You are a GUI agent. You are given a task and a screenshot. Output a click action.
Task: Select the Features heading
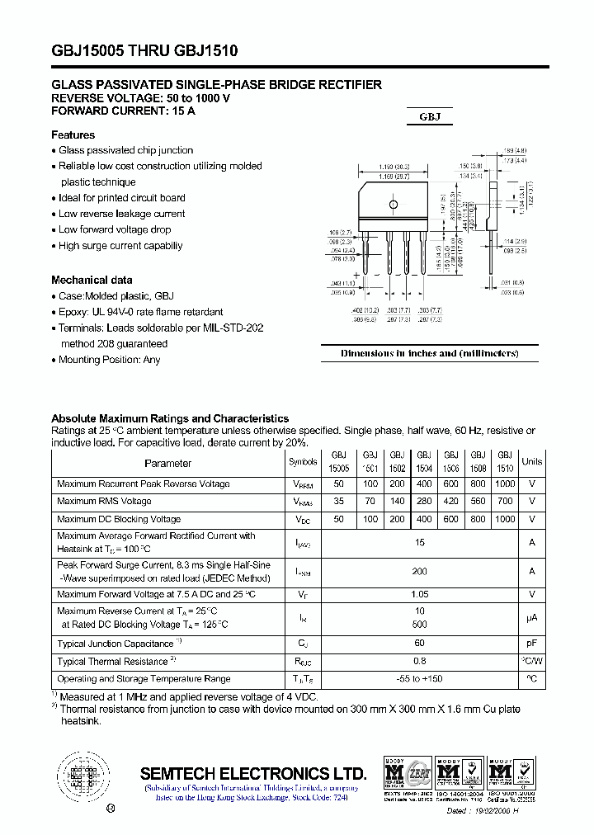click(x=73, y=134)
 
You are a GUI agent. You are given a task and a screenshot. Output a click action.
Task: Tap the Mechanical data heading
click(x=92, y=280)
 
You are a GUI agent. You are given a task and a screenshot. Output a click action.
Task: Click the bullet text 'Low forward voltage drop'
click(x=115, y=229)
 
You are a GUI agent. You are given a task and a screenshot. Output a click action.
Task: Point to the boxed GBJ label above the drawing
click(x=430, y=117)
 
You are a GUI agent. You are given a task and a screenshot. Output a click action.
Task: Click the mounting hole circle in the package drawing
click(x=394, y=204)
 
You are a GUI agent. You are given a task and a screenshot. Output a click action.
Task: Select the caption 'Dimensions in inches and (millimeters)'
click(x=429, y=353)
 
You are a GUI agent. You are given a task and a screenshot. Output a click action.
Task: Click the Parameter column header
click(x=167, y=463)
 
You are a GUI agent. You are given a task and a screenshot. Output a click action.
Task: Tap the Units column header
click(x=532, y=462)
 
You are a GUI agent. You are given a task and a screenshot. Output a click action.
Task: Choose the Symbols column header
click(x=303, y=463)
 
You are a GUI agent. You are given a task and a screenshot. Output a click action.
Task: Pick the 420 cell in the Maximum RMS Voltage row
click(x=451, y=501)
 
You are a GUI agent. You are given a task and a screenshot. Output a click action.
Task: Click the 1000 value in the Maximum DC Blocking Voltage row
click(x=505, y=519)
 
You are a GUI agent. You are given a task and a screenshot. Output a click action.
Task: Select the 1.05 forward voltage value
click(x=397, y=594)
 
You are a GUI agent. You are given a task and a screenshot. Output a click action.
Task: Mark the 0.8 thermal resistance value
click(x=397, y=661)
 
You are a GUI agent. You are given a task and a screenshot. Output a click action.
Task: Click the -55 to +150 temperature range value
click(x=397, y=679)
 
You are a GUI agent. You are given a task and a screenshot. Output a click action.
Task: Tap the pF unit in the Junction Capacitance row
click(x=532, y=643)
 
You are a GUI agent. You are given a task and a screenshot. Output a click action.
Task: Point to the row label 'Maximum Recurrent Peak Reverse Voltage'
click(x=144, y=484)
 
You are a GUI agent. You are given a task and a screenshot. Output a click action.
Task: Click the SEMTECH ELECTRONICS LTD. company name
click(x=252, y=774)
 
